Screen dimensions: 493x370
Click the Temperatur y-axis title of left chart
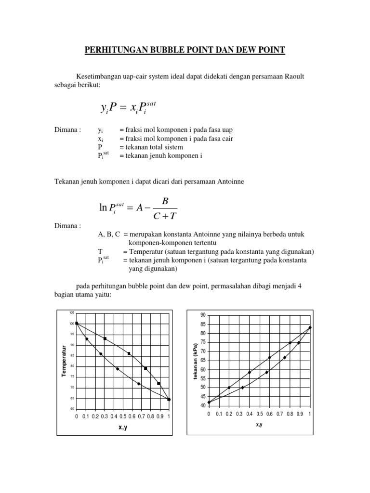click(64, 361)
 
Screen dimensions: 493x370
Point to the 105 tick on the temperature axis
click(72, 312)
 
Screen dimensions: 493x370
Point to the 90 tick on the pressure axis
click(203, 315)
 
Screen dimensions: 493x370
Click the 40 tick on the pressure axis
click(203, 406)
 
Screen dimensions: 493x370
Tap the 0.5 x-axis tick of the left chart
click(123, 416)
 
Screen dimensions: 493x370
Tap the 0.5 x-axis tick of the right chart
click(259, 414)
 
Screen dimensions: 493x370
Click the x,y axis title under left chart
click(122, 427)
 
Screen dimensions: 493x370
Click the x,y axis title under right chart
click(259, 424)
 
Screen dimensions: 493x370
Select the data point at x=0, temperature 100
click(77, 324)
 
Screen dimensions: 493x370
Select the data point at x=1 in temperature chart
click(169, 400)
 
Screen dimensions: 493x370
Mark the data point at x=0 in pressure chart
click(209, 402)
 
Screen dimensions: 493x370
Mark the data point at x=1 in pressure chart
click(310, 327)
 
